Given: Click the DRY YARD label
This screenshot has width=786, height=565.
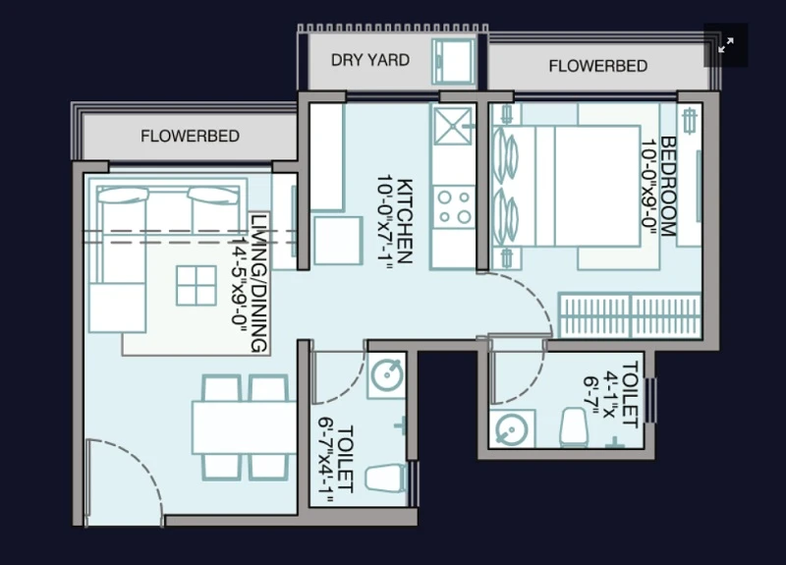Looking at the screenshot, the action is (370, 60).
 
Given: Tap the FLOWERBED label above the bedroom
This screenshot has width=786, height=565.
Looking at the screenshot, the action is (598, 66).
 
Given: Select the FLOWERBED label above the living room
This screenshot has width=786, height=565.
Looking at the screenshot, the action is (190, 136).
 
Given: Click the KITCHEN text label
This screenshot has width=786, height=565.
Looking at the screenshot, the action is (405, 221).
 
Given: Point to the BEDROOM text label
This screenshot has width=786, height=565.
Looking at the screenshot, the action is (668, 186).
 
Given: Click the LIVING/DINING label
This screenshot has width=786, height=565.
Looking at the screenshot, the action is (258, 283).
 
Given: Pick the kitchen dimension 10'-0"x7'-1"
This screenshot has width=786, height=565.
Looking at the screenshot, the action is (384, 224).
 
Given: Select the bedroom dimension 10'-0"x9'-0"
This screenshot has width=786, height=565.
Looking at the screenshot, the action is (649, 187).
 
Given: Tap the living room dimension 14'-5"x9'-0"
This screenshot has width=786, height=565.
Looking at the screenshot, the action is (239, 284).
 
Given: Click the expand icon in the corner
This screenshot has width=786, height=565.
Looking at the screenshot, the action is (726, 45).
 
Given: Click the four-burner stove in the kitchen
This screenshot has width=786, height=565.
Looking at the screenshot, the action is (454, 207).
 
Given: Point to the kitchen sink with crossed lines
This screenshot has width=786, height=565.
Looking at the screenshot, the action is (453, 126).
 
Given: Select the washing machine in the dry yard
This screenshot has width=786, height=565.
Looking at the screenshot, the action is (454, 61).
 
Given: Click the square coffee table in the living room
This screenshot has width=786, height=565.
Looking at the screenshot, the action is (196, 285).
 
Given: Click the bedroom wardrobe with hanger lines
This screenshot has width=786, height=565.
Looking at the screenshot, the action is (630, 315).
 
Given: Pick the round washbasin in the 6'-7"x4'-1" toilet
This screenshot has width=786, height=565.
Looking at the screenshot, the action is (386, 375).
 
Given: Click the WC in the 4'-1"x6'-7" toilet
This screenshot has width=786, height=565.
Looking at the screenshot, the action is (574, 427).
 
